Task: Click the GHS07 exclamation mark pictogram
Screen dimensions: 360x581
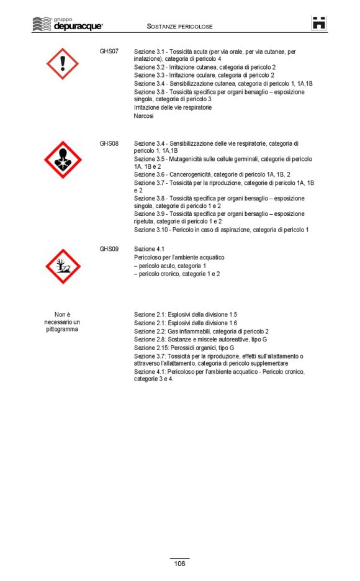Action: [x=63, y=63]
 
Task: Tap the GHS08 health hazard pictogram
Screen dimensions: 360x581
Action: [x=63, y=160]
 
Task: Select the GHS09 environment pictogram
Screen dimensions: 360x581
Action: [x=63, y=266]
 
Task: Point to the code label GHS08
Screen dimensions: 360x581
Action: [x=109, y=143]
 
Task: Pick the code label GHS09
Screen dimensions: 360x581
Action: [x=109, y=249]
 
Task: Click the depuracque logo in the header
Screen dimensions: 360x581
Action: [x=68, y=25]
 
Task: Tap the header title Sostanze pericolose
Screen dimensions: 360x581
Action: [x=180, y=27]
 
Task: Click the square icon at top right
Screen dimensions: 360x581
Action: [x=319, y=24]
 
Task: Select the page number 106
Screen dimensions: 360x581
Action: [x=179, y=564]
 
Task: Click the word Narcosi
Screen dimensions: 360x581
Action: [x=144, y=116]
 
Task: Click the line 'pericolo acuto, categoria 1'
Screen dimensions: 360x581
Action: [x=172, y=266]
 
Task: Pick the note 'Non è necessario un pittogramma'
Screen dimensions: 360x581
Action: [x=62, y=322]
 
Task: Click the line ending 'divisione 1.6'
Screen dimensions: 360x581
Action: [x=186, y=323]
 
